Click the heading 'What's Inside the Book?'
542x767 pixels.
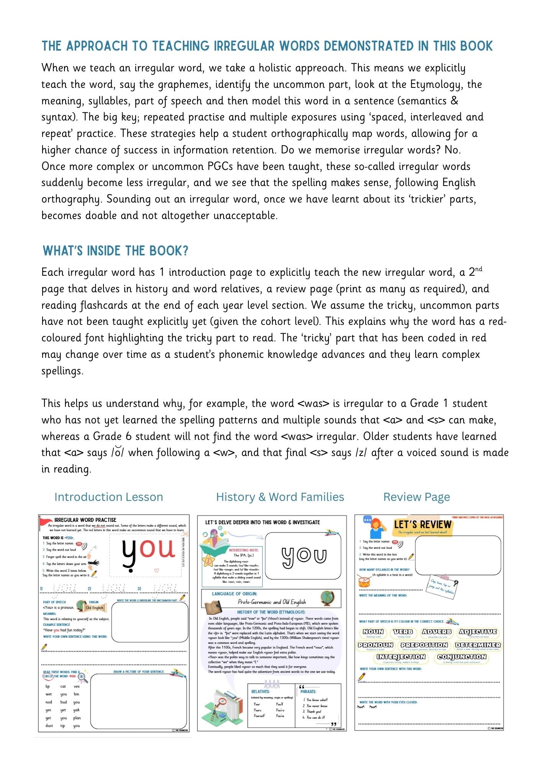click(115, 251)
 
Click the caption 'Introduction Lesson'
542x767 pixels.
click(108, 497)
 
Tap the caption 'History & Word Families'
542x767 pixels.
click(280, 497)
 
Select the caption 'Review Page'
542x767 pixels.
click(416, 497)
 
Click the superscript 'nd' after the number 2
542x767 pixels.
click(478, 269)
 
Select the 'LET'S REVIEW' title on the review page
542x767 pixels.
click(422, 525)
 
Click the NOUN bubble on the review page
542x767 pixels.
click(373, 632)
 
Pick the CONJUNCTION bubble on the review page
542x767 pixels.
click(462, 657)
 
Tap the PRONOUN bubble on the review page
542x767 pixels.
click(375, 645)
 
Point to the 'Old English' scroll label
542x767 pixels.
click(94, 608)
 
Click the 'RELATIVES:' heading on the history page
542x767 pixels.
click(260, 691)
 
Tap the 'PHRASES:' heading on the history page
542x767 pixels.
click(308, 691)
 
